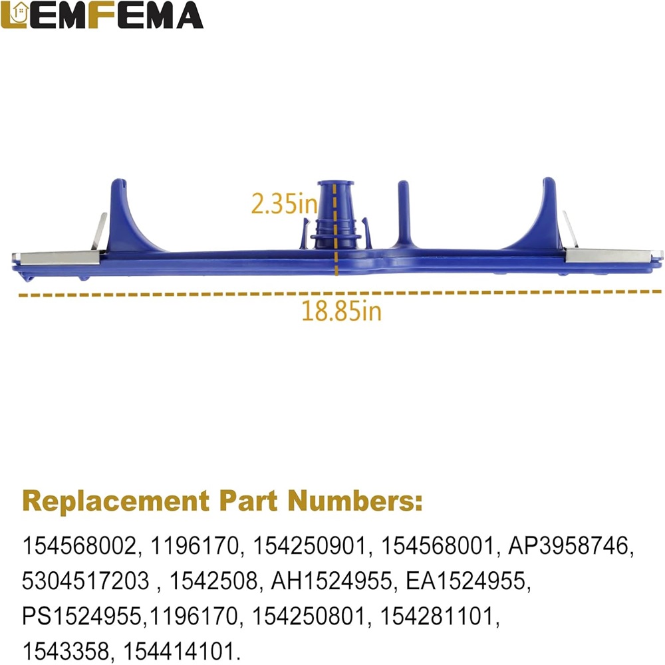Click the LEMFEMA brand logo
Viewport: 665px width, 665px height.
click(102, 15)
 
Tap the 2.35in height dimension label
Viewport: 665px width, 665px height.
click(284, 203)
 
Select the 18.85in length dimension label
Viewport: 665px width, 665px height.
click(341, 311)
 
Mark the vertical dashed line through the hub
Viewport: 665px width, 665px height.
click(335, 229)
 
